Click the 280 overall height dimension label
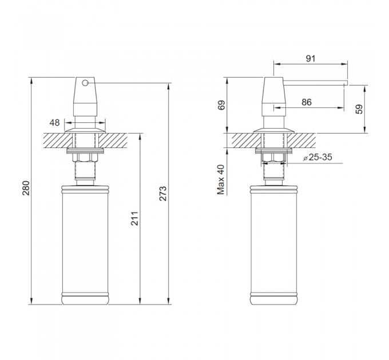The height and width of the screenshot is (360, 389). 26,188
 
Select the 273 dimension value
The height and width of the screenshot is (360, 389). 162,194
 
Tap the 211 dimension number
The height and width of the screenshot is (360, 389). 134,218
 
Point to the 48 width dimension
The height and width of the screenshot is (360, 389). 54,122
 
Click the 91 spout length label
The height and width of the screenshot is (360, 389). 311,58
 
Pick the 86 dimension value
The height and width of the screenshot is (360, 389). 307,102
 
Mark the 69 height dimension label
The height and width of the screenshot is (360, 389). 221,105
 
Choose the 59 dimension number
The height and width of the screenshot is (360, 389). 359,109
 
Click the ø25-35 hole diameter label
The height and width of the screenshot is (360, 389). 317,157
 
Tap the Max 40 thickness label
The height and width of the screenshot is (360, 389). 221,179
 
